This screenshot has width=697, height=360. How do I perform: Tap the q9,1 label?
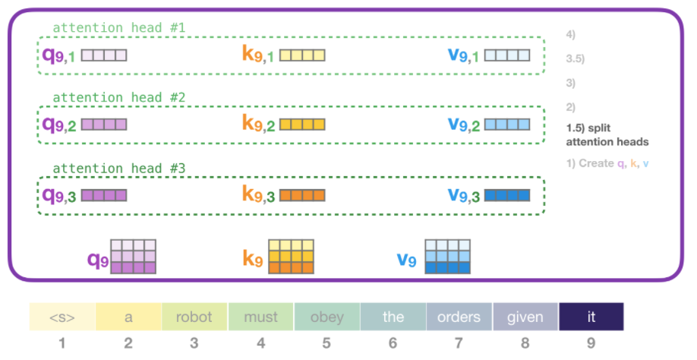[x=58, y=55]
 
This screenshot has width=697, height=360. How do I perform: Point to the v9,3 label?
[x=463, y=195]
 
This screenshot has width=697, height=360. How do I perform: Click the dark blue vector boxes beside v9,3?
[x=506, y=195]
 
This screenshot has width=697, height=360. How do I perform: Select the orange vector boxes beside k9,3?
[x=302, y=195]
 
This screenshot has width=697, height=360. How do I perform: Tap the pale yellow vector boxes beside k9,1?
[x=302, y=55]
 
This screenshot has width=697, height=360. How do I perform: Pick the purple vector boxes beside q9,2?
[x=103, y=125]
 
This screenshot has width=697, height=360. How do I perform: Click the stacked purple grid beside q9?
[x=134, y=257]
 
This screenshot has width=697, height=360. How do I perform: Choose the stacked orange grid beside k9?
[x=292, y=257]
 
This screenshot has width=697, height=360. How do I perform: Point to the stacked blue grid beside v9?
[x=449, y=257]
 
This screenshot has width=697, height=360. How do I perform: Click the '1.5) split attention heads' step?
[x=607, y=135]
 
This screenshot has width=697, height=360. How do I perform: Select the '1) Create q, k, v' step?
[x=609, y=163]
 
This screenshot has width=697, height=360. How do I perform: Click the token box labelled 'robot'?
[x=194, y=317]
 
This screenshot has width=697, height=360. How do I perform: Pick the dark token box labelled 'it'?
[x=591, y=317]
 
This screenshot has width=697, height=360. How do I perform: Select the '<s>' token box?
[x=62, y=317]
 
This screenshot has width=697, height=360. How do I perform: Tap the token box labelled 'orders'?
[x=459, y=317]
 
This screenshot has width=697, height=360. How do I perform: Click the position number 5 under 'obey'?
[x=326, y=343]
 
